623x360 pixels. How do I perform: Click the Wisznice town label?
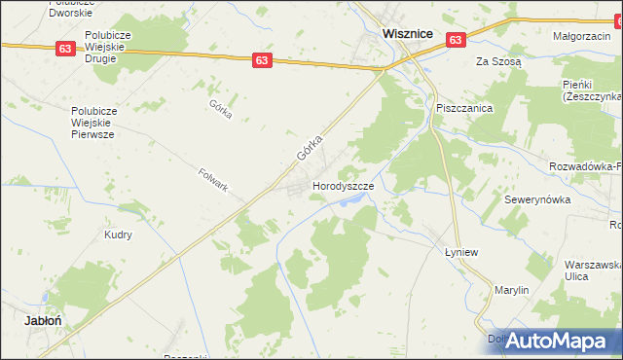click(408, 32)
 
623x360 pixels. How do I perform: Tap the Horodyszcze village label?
click(342, 185)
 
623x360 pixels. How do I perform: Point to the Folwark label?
click(212, 179)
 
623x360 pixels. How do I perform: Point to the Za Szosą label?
click(498, 60)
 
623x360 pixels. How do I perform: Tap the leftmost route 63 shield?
click(65, 49)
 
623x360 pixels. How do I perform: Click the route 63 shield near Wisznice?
click(456, 39)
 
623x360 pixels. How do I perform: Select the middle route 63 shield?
click(261, 59)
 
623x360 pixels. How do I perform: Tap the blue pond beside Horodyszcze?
click(354, 199)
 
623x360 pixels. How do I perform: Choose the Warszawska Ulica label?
click(593, 270)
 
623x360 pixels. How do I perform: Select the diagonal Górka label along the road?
click(310, 148)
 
